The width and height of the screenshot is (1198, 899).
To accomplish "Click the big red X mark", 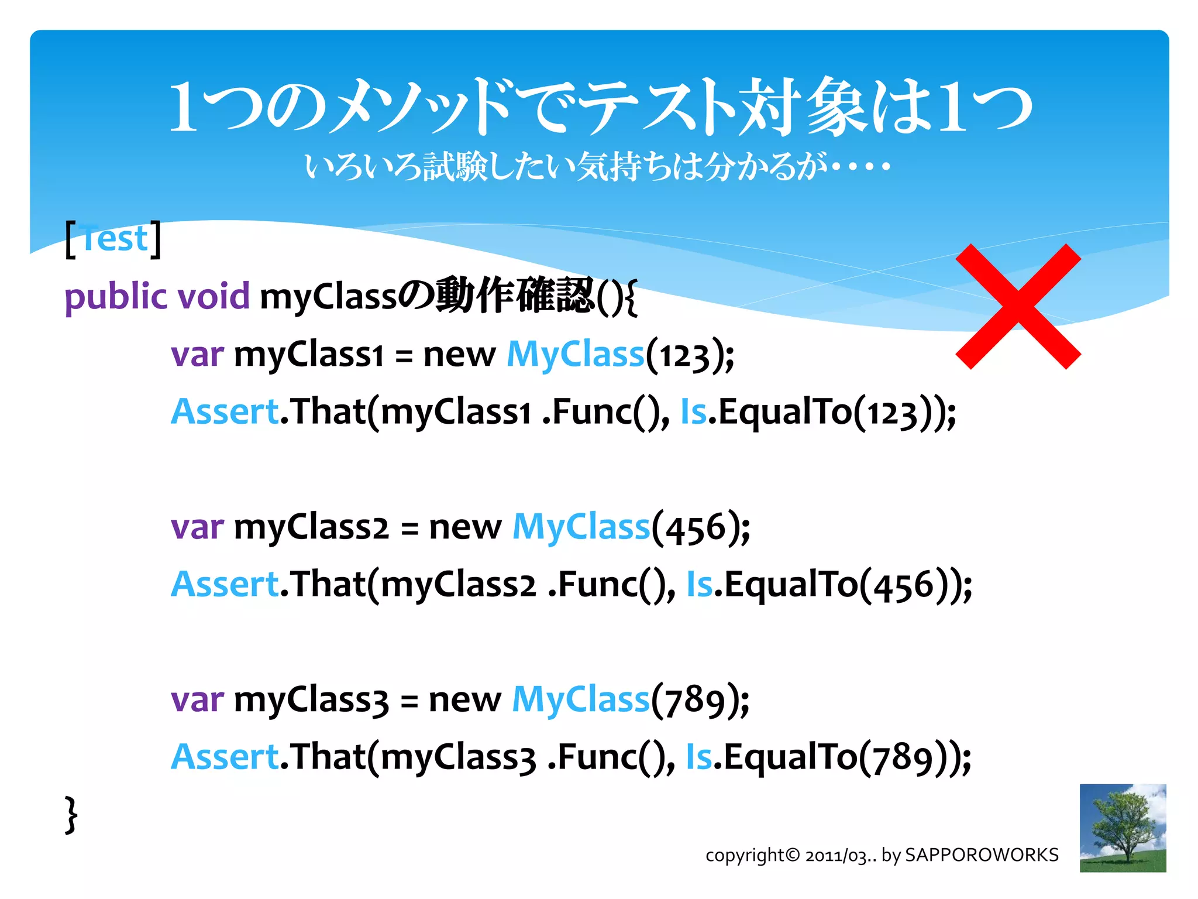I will click(1018, 306).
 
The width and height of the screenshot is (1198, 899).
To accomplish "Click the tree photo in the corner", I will click(1122, 828).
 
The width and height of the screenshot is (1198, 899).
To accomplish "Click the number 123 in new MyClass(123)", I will click(683, 356).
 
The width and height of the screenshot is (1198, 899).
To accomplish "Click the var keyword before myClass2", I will click(197, 527).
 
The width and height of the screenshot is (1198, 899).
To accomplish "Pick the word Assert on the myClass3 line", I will click(225, 757).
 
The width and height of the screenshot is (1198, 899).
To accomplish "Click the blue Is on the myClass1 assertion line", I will click(693, 412).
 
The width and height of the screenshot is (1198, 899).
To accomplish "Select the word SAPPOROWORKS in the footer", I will click(981, 855).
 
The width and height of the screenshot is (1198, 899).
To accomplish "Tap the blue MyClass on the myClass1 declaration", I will click(575, 355).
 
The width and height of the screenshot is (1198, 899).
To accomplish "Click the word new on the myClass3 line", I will click(464, 700).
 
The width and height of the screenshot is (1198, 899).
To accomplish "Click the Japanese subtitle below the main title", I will click(597, 167).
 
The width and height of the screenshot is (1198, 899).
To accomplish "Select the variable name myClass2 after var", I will click(311, 527).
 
